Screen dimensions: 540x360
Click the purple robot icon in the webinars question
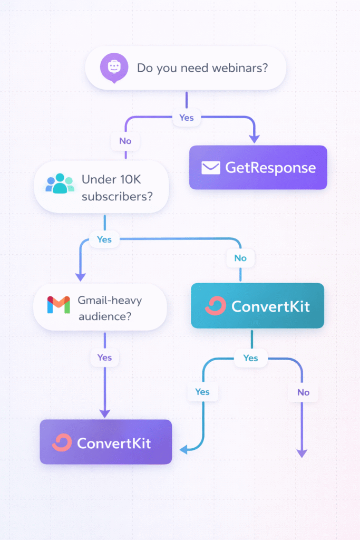pos(114,68)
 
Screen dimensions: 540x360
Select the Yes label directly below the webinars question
pos(187,118)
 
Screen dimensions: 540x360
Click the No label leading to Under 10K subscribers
pos(125,141)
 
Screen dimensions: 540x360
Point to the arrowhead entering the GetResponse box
pos(254,138)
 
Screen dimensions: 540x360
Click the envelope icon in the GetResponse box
pos(210,168)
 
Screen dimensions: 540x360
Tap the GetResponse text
pos(270,168)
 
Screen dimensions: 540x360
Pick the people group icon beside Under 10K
pos(60,184)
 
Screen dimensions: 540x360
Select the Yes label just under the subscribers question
pos(104,239)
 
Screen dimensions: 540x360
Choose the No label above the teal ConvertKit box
pos(240,258)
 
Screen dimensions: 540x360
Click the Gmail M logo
pos(59,305)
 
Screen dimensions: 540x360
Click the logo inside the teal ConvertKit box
pos(215,306)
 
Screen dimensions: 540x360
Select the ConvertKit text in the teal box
pos(270,306)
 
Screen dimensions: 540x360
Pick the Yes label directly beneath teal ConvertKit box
pos(250,358)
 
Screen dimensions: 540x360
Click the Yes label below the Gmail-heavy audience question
pos(104,358)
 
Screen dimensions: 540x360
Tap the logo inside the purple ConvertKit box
pos(62,442)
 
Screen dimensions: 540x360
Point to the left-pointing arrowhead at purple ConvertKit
pos(183,449)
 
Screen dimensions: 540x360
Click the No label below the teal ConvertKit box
pos(303,392)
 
